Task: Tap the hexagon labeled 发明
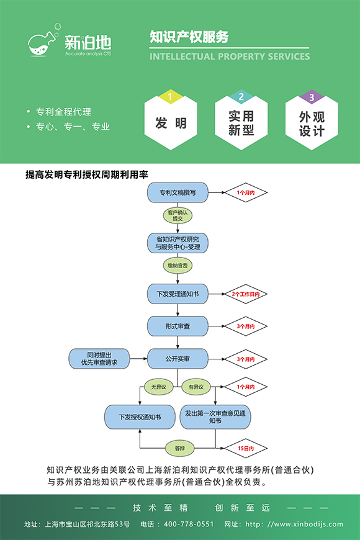171,123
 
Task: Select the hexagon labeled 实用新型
241,123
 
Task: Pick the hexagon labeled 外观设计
312,123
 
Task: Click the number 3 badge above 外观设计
312,97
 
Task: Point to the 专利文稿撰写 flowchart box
178,193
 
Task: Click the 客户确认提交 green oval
178,215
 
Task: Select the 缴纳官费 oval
178,266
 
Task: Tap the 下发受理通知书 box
178,293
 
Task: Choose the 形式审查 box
178,326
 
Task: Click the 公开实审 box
178,359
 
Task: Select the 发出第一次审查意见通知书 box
215,417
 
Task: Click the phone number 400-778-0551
189,524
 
